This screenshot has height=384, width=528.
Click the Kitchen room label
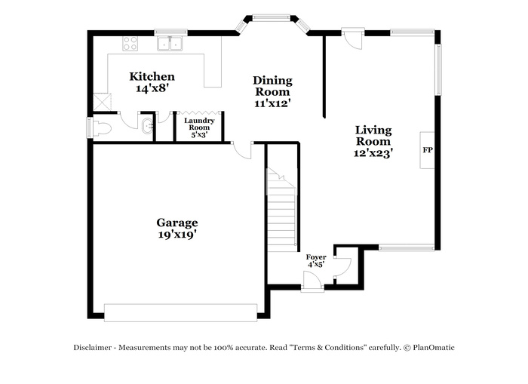(152, 82)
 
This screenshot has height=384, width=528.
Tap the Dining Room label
(272, 91)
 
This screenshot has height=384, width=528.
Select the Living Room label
(373, 141)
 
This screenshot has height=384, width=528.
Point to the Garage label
(177, 228)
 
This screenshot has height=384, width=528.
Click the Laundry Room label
(199, 127)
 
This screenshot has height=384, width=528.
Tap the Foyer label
(316, 261)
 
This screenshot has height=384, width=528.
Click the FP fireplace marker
(428, 150)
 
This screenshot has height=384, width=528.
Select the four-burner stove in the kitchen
(130, 44)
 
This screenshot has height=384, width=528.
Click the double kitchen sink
(170, 44)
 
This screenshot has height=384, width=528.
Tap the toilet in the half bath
(101, 128)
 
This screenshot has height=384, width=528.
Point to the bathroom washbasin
(148, 126)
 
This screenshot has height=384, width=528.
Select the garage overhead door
(180, 313)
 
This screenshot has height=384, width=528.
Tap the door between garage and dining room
(242, 151)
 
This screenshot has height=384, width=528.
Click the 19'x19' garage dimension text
(177, 234)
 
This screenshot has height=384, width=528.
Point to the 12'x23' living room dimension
(373, 153)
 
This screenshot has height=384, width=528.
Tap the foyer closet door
(343, 267)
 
